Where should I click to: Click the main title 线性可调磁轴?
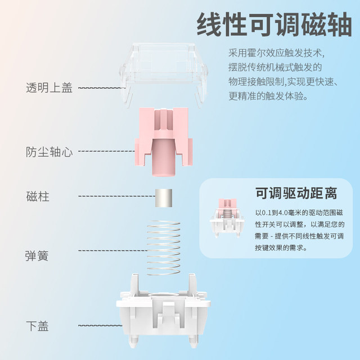coord(274,24)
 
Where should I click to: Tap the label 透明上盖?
coord(49,88)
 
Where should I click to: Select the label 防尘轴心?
coord(49,152)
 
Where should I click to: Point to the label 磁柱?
coord(38,196)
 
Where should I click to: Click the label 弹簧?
coord(37,256)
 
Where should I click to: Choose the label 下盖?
coord(38,326)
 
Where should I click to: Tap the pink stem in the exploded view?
coord(164,142)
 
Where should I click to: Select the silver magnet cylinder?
coord(164,198)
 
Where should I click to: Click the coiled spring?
coord(164,247)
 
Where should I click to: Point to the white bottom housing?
coord(164,310)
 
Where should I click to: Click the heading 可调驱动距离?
coord(296,193)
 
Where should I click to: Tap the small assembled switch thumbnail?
coord(227,218)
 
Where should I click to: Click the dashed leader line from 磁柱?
coord(117,196)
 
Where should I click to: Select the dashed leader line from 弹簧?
coord(112,250)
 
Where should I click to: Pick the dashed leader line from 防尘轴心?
coord(107,151)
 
